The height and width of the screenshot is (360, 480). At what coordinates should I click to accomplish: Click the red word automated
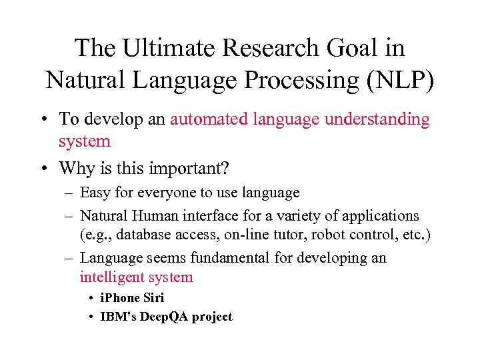coord(213,119)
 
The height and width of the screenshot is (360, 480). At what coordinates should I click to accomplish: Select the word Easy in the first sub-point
coord(95,193)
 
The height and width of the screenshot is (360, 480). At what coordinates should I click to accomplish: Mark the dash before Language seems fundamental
coord(69,258)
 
